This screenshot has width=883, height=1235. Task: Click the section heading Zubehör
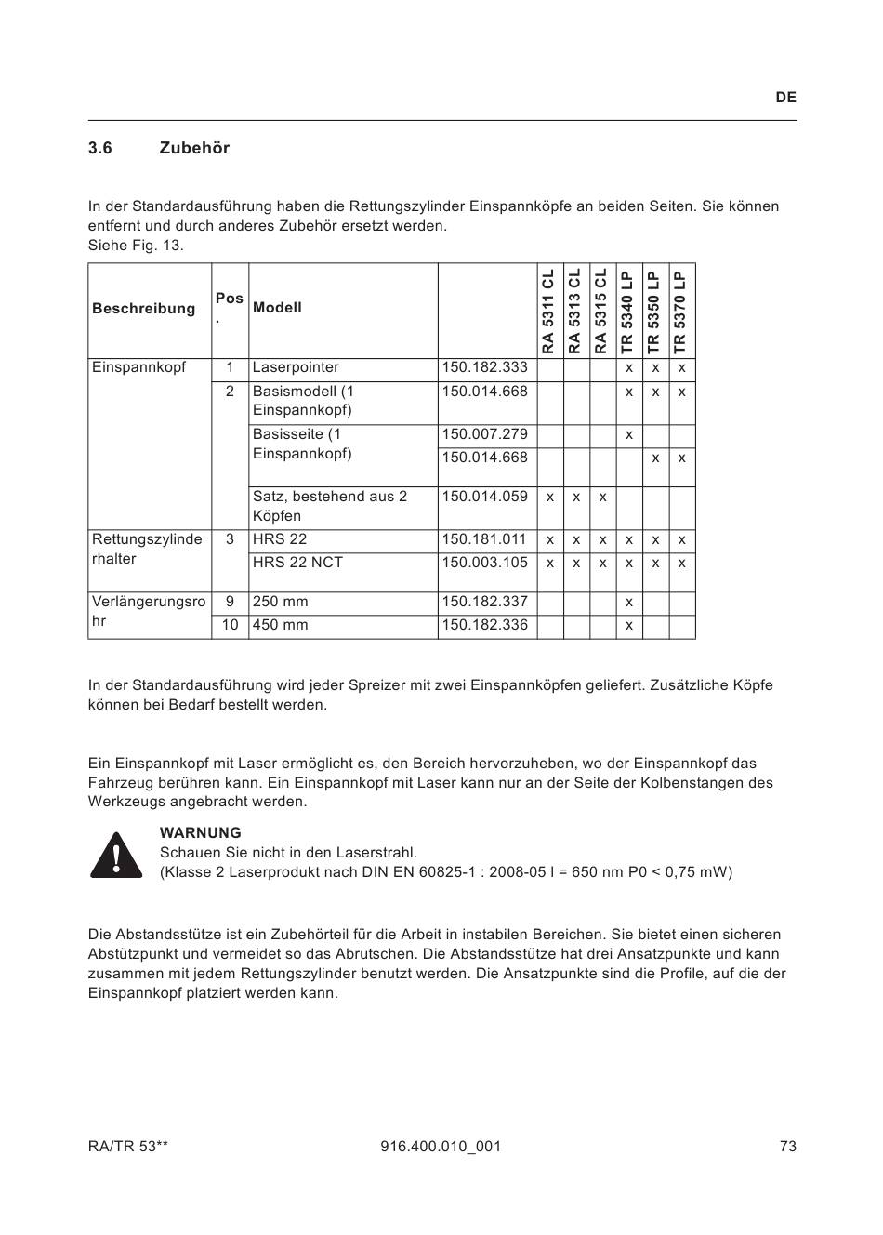click(194, 148)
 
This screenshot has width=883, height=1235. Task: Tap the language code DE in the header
click(785, 98)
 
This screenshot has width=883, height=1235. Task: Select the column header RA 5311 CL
click(549, 311)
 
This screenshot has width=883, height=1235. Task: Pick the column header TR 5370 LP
click(681, 311)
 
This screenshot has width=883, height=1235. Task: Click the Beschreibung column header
click(144, 309)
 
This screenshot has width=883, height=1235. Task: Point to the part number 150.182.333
click(484, 367)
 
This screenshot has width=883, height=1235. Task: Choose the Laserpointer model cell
click(296, 367)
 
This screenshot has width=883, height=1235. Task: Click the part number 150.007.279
click(484, 434)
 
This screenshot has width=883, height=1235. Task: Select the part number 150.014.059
click(484, 497)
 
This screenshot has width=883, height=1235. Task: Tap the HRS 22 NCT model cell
click(297, 563)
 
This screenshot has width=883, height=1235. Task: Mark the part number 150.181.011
click(484, 539)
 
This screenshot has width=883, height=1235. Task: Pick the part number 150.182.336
click(484, 625)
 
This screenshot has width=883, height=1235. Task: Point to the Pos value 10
click(230, 625)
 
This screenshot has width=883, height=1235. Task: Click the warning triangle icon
click(116, 855)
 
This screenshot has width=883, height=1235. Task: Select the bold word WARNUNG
click(200, 833)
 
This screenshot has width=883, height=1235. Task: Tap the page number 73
click(788, 1147)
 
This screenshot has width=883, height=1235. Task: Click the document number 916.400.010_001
click(441, 1147)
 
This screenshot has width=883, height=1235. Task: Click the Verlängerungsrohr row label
click(149, 611)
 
